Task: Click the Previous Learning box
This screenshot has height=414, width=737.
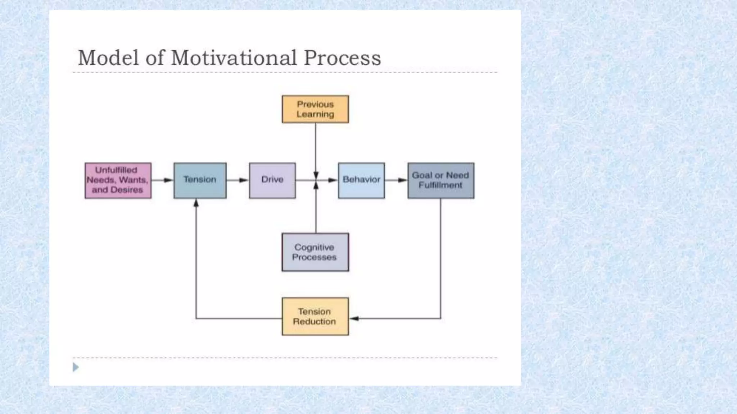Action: [315, 109]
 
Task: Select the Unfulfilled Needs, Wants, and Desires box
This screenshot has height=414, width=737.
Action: [118, 180]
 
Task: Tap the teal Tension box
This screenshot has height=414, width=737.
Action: [200, 180]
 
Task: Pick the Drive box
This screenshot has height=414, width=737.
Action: [272, 180]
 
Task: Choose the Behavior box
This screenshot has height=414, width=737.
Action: [361, 180]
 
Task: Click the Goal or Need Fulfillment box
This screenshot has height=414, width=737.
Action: [441, 180]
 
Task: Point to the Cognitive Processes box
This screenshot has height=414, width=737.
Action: [315, 252]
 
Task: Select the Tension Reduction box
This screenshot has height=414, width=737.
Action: [315, 317]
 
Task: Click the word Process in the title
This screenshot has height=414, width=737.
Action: [342, 58]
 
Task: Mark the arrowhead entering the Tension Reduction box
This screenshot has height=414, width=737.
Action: [354, 318]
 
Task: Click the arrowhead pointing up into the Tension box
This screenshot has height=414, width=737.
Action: [196, 204]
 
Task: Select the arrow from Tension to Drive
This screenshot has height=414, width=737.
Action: [238, 180]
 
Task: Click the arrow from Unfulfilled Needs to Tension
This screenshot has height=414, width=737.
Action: [162, 180]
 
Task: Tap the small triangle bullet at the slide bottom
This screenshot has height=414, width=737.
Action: [76, 367]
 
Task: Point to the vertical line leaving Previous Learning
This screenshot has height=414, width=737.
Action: [316, 147]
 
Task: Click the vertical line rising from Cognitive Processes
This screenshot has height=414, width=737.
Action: [316, 212]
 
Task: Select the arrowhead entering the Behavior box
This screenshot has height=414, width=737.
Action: [333, 180]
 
